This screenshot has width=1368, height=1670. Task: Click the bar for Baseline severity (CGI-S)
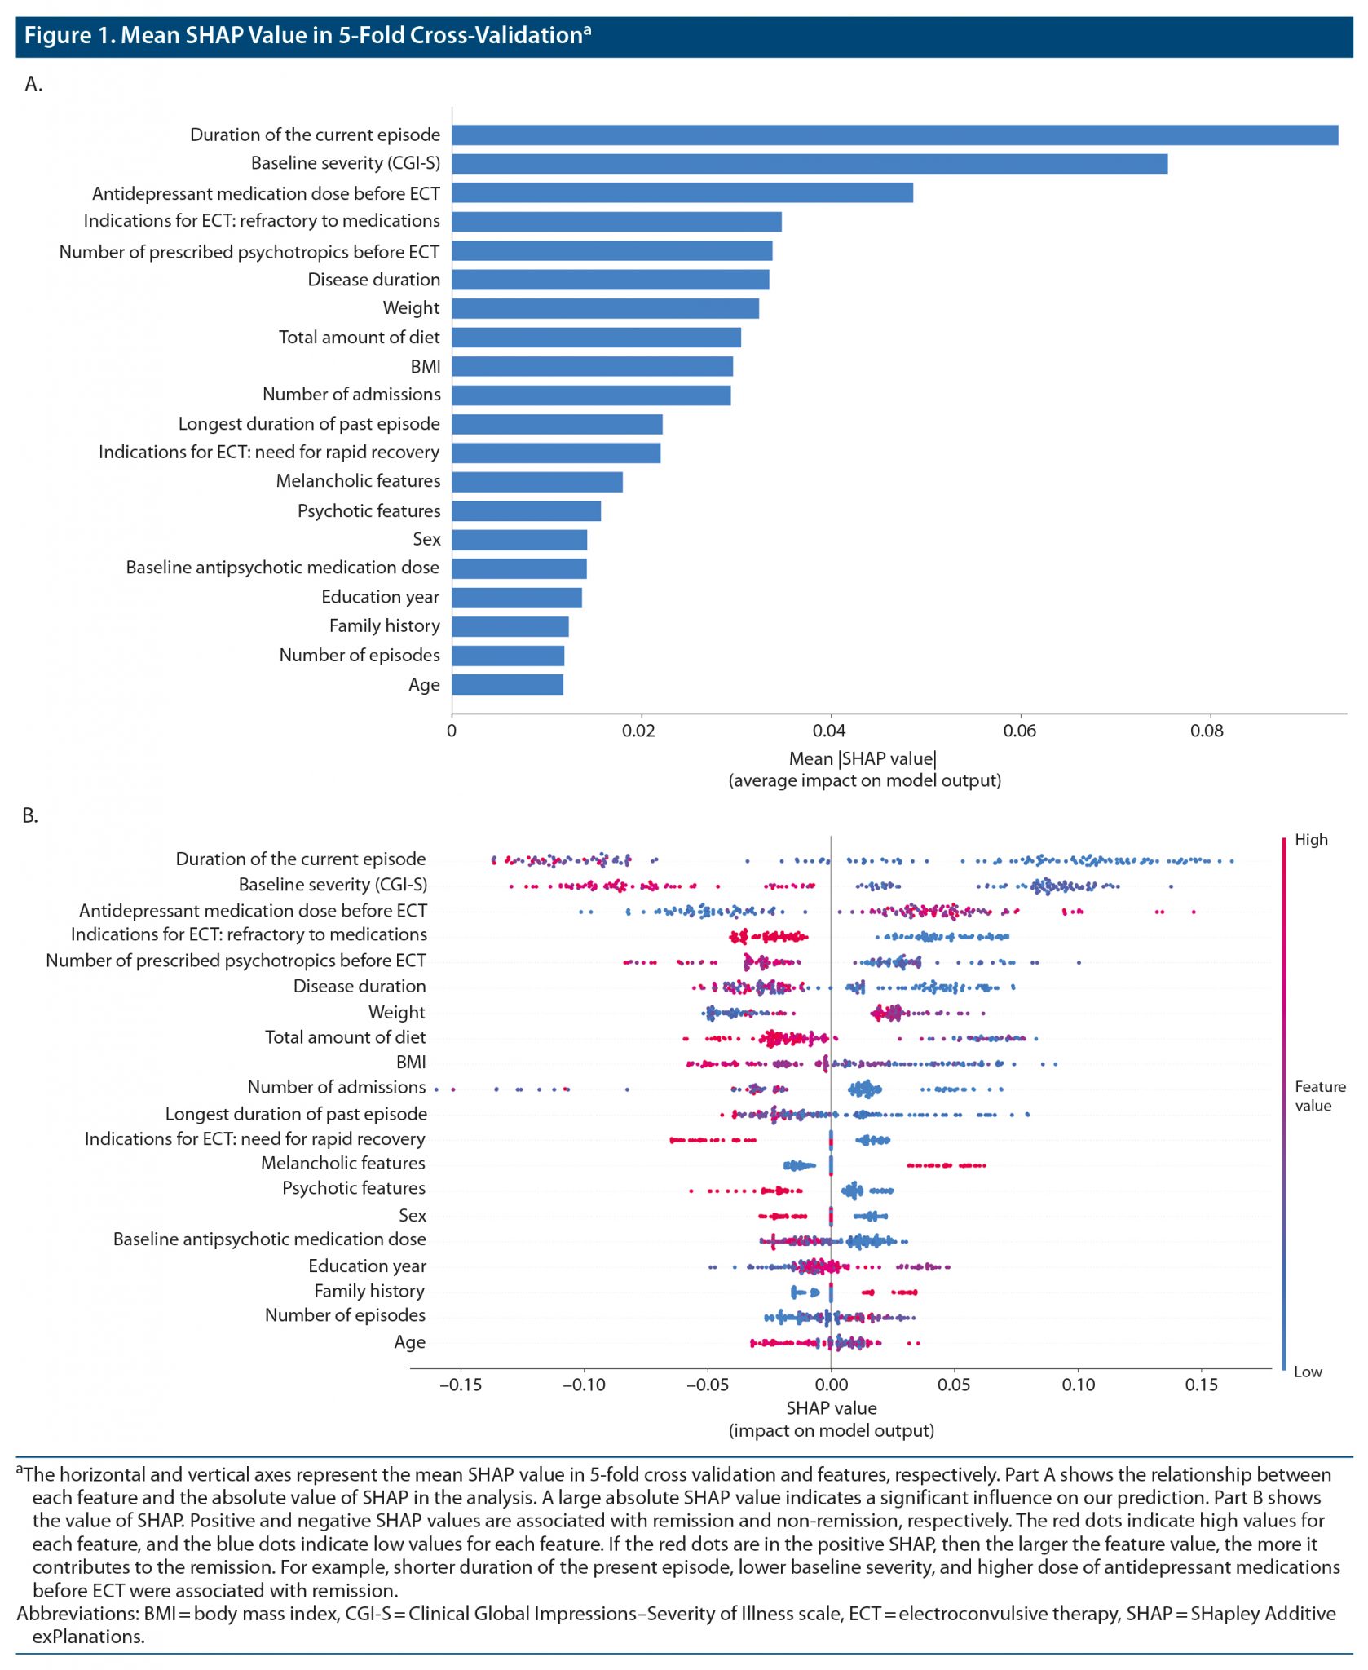(809, 164)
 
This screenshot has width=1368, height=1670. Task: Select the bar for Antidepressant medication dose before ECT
(682, 193)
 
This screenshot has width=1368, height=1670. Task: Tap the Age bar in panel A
(507, 685)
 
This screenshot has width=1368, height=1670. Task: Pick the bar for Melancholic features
(536, 482)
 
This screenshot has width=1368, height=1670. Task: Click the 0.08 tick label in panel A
(1207, 731)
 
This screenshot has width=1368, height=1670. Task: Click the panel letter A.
(33, 84)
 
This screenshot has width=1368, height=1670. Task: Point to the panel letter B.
(30, 816)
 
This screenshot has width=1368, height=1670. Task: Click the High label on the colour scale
(1311, 840)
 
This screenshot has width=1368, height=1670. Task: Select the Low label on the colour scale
(1308, 1372)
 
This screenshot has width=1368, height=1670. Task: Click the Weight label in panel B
(396, 1013)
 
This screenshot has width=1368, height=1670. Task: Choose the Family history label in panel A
(384, 626)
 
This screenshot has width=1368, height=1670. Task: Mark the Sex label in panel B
(413, 1216)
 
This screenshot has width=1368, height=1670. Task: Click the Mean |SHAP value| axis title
(863, 759)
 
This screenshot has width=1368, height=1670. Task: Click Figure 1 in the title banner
(68, 36)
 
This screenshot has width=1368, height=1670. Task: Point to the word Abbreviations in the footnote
(77, 1614)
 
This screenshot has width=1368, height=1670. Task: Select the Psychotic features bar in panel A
(526, 511)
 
